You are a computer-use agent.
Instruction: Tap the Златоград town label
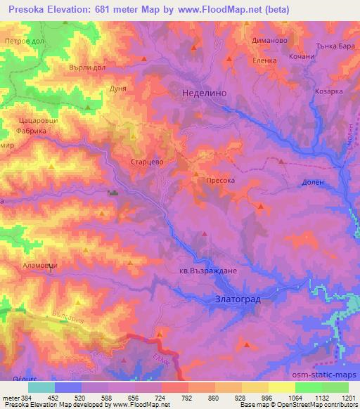pos(236,299)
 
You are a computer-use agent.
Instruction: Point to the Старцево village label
pos(148,161)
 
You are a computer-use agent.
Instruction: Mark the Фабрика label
pos(32,131)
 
